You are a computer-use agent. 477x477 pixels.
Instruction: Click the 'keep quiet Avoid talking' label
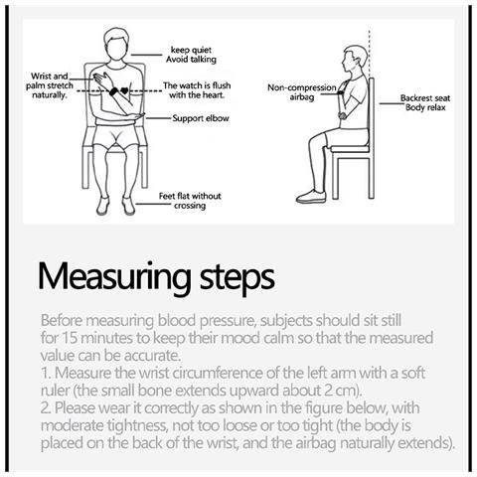[191, 55]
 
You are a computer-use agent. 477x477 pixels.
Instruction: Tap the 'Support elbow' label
[201, 118]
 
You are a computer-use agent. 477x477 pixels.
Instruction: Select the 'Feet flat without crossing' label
[190, 201]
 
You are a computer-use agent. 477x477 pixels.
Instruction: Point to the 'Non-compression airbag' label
[302, 92]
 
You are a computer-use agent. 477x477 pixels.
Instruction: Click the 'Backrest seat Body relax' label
[425, 102]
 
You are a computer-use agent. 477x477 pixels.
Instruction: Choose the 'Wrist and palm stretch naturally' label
[50, 85]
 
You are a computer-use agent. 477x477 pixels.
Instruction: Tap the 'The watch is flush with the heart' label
[197, 90]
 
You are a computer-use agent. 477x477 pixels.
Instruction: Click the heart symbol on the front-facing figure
[124, 90]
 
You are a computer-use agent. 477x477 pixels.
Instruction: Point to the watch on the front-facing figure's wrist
[114, 91]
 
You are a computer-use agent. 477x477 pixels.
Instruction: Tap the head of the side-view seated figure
[355, 60]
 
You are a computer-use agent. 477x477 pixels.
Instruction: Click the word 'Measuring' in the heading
[114, 277]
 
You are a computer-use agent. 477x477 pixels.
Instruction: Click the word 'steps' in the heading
[238, 278]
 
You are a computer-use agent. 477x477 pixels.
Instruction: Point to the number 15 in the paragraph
[70, 338]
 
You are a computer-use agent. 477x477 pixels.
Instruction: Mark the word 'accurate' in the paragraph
[152, 356]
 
